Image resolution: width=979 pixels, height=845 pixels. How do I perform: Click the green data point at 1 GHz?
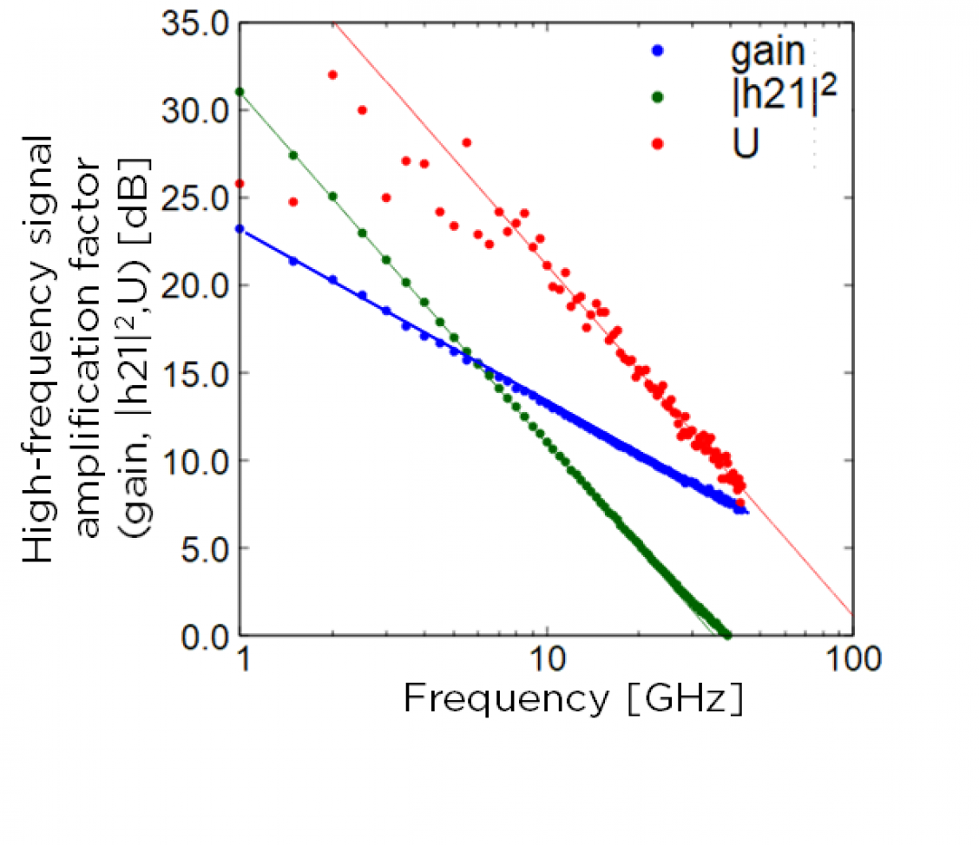coord(240,91)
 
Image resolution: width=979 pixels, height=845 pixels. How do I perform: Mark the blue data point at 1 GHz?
coord(240,229)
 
